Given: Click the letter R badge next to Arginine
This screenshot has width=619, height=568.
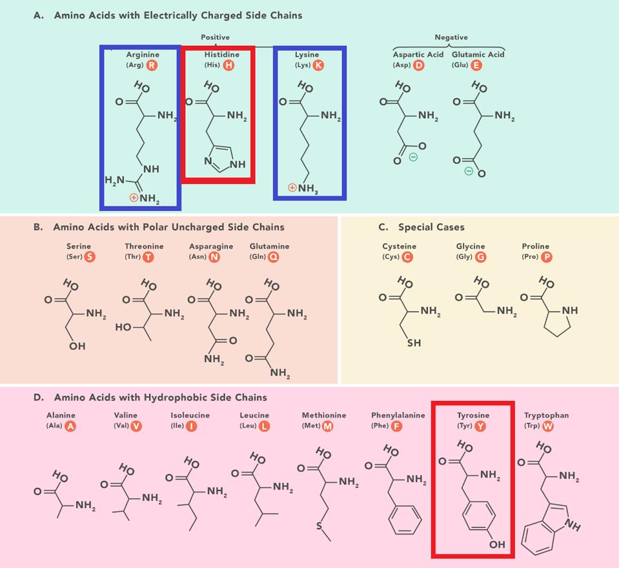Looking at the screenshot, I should [x=152, y=65].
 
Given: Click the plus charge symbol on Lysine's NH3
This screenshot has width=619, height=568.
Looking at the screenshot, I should [x=292, y=188].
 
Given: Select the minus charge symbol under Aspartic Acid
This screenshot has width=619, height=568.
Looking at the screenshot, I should [x=413, y=157].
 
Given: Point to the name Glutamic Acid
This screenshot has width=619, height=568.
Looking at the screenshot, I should [x=478, y=55].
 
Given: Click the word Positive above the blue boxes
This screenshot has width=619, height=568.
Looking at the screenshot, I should [x=215, y=37].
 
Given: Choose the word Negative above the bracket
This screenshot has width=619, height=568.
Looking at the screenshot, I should [x=451, y=37].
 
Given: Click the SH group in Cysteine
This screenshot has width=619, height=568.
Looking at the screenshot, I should [x=414, y=343].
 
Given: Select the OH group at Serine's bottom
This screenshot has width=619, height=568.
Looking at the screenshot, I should [x=77, y=346].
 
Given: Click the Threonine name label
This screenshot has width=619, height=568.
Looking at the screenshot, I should [x=144, y=246].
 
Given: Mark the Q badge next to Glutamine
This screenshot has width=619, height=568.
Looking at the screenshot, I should [x=274, y=257].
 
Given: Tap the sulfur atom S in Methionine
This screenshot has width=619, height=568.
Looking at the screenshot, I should [x=318, y=526].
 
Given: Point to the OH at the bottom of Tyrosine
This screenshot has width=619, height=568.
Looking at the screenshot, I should [x=496, y=545].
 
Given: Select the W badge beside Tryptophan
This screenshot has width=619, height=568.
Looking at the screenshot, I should [x=547, y=426].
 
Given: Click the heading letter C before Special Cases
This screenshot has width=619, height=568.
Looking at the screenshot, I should [x=383, y=227].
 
